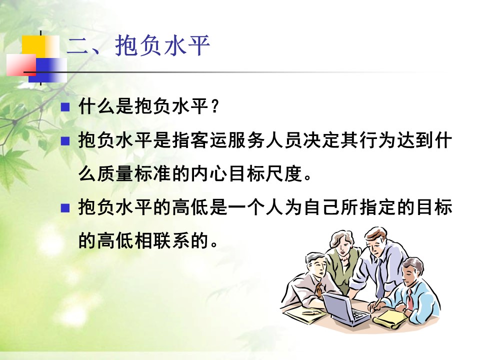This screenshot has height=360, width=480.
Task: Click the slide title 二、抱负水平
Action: (138, 45)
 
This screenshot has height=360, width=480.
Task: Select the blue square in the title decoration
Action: (47, 70)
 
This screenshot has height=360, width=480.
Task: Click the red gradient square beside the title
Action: (21, 65)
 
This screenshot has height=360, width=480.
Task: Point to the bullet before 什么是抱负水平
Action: (65, 107)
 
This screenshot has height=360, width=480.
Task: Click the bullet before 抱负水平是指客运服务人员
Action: (65, 141)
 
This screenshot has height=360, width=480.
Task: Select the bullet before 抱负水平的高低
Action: (65, 208)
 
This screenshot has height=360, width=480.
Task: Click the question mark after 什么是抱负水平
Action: (214, 106)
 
